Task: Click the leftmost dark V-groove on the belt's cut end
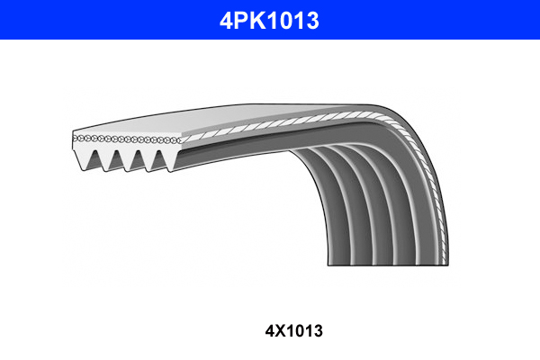(94, 159)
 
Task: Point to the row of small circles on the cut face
(126, 140)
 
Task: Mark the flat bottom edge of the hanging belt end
(387, 264)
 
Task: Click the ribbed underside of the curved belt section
(360, 198)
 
